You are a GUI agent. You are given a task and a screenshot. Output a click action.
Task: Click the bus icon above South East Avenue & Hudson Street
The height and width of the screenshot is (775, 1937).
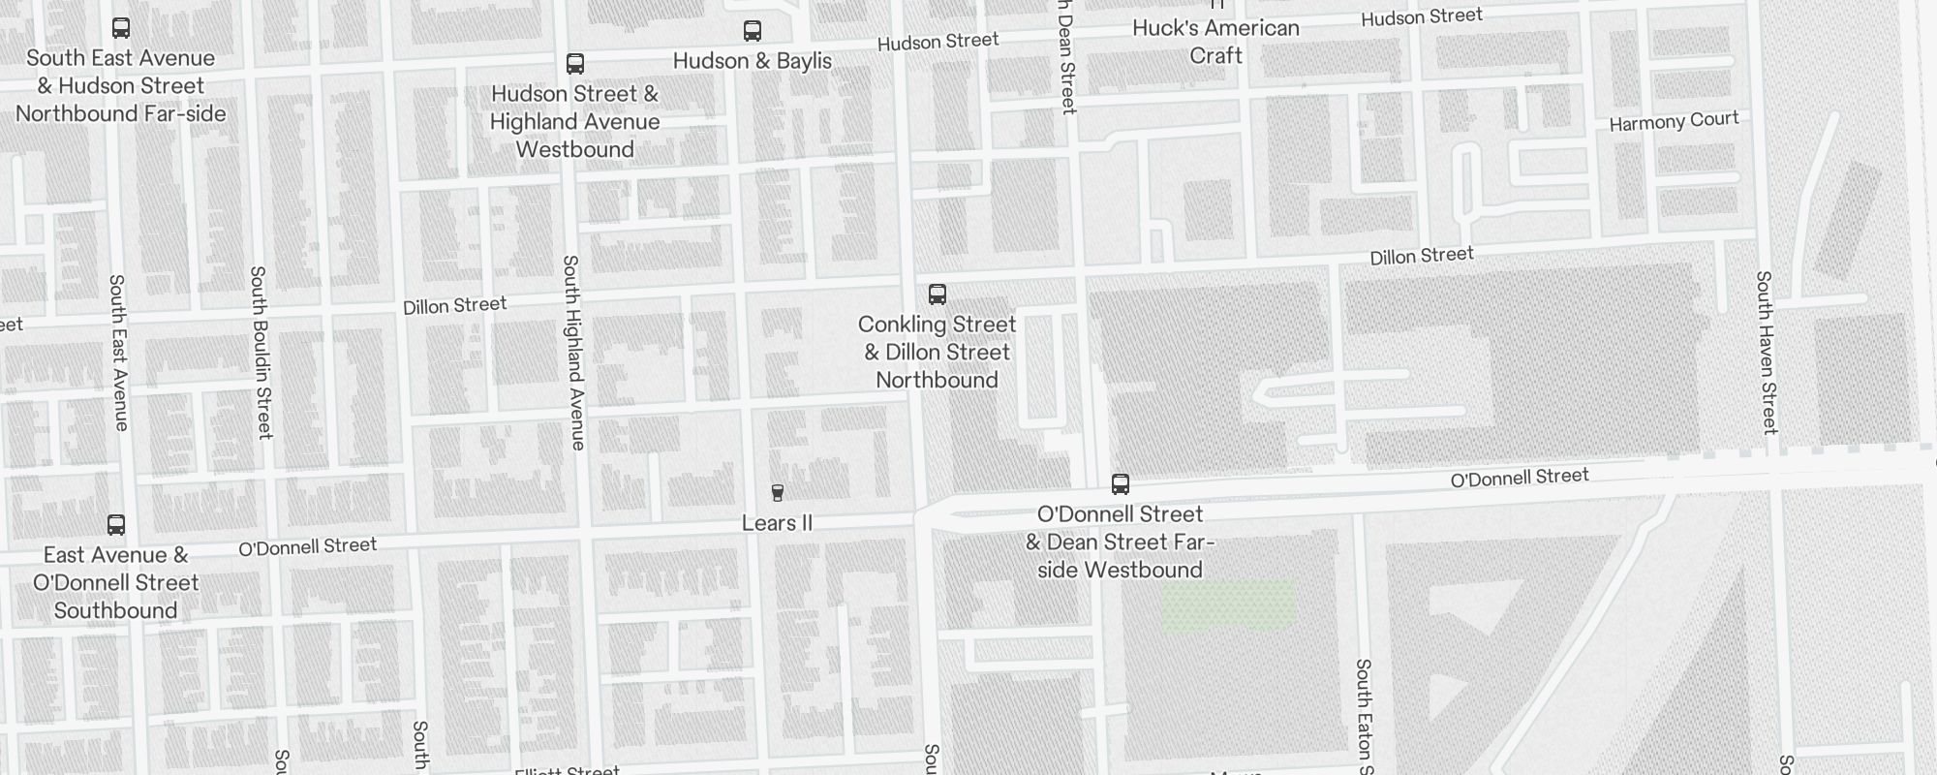click(121, 28)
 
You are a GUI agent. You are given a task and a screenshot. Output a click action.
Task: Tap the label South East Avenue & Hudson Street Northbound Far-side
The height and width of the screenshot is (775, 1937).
click(121, 86)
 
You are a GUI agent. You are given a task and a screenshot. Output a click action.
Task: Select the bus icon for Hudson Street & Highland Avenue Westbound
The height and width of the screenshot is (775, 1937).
click(575, 64)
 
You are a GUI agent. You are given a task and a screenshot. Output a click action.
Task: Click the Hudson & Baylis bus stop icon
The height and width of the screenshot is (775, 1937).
click(753, 31)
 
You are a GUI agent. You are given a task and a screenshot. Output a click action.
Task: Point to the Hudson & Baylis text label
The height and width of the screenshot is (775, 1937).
click(753, 61)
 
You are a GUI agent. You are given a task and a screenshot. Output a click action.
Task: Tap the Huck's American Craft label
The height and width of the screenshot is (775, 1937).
click(1215, 42)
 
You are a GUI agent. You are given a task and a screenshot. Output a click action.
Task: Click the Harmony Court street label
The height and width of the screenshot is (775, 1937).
click(1674, 122)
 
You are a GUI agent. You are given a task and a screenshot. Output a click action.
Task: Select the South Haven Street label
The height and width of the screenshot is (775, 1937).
click(1767, 352)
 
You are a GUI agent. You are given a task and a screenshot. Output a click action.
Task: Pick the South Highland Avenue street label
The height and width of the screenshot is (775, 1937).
click(573, 353)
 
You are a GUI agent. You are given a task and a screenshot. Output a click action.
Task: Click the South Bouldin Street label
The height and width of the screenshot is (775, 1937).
click(261, 353)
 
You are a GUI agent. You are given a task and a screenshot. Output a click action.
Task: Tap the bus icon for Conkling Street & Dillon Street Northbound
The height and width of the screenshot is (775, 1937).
click(937, 294)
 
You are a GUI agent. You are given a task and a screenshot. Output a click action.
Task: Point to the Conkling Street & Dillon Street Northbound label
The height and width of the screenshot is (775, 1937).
click(937, 353)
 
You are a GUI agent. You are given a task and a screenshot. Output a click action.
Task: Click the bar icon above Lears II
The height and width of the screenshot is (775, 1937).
click(777, 493)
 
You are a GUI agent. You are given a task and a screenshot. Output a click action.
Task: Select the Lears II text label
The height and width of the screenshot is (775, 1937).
click(777, 524)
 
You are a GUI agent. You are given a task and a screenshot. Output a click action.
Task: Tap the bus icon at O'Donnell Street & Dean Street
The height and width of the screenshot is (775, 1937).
click(1121, 483)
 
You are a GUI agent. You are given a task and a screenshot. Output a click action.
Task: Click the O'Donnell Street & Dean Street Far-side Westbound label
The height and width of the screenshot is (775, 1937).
click(1120, 542)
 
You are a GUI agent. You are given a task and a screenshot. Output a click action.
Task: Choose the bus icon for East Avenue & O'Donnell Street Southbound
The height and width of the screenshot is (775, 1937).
click(116, 525)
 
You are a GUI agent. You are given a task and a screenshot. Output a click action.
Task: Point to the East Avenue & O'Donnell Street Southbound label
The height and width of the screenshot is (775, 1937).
click(116, 583)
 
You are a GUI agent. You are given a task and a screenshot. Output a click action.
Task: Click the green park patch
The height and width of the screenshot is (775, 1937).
click(1228, 605)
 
